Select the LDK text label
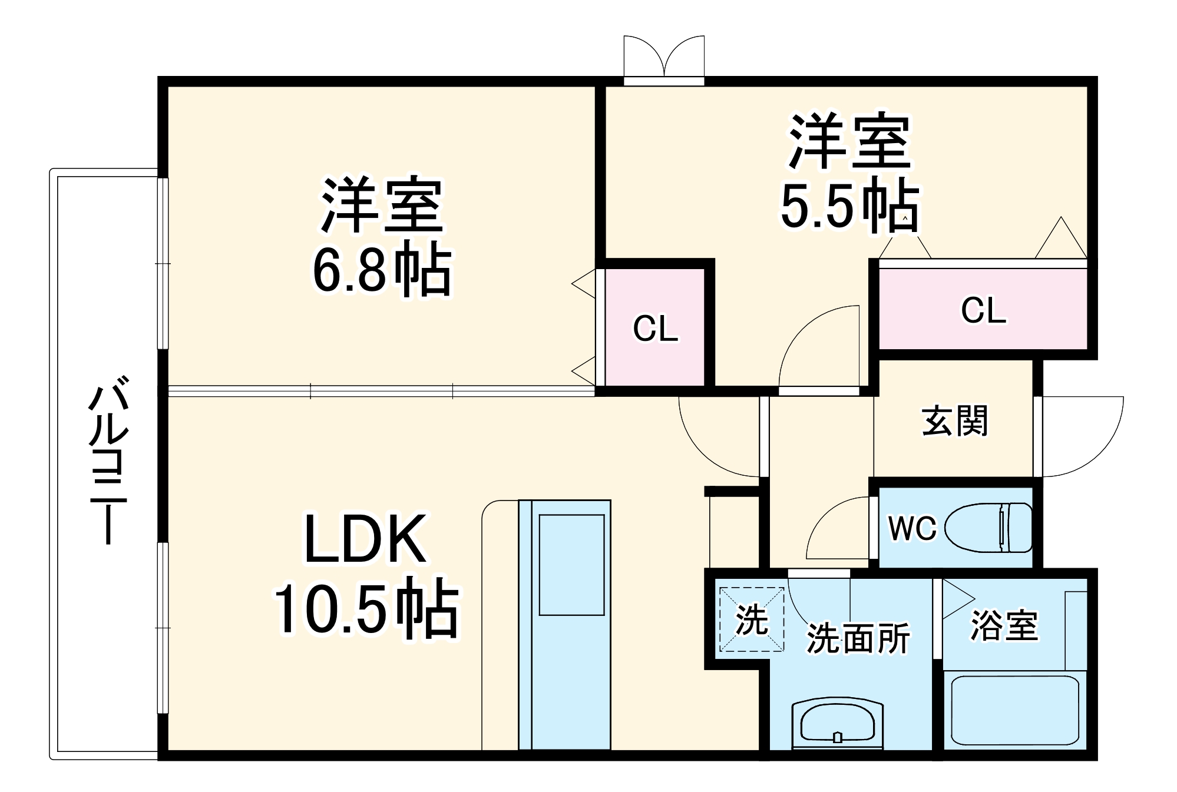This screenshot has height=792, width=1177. (x=365, y=539)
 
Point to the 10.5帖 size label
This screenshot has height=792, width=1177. (x=365, y=610)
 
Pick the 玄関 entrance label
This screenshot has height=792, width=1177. (x=954, y=421)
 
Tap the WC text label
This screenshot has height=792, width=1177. (x=912, y=528)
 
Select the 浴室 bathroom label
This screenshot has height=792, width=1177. (x=1004, y=625)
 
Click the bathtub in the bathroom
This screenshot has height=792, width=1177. (x=1014, y=711)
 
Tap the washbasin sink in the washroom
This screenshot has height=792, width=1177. (x=837, y=723)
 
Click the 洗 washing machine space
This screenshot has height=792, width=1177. (x=752, y=619)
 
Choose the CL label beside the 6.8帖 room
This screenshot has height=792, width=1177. (x=655, y=329)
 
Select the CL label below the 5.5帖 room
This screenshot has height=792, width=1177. (x=983, y=310)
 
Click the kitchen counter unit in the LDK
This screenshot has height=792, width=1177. (x=564, y=624)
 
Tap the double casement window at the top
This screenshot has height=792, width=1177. (x=664, y=59)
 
